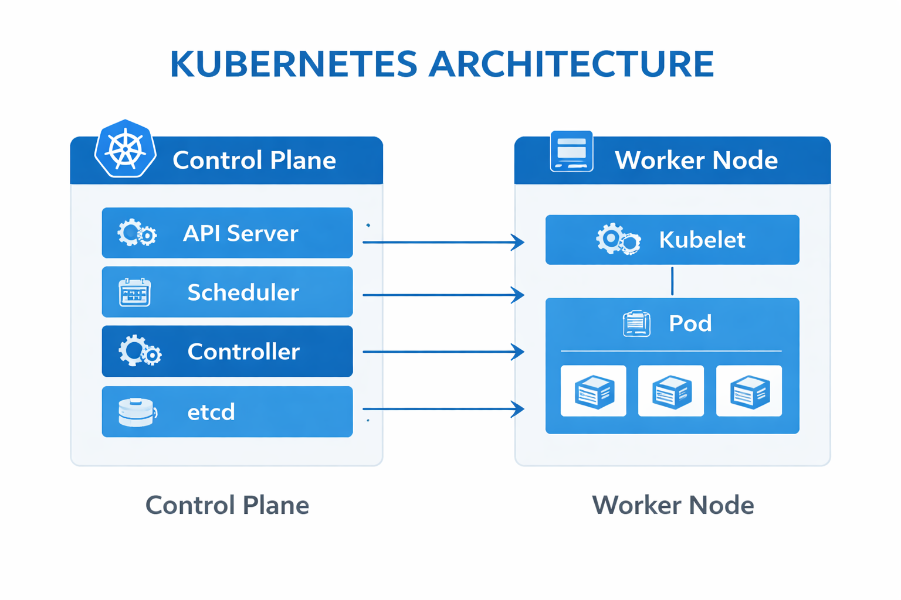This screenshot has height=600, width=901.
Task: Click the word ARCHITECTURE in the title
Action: [x=571, y=64]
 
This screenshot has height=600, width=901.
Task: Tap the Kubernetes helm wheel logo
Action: [x=126, y=149]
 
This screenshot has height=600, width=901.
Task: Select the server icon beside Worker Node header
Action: [x=571, y=151]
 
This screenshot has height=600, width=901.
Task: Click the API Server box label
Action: [x=241, y=233]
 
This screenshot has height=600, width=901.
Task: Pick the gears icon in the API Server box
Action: [x=137, y=233]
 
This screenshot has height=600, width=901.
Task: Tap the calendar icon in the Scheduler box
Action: [x=135, y=292]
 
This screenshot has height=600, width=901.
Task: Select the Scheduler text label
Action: [x=243, y=292]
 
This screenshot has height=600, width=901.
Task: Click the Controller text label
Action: [x=243, y=352]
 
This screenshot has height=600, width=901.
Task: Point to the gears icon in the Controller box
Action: [x=140, y=352]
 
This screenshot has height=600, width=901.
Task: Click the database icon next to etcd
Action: [x=137, y=412]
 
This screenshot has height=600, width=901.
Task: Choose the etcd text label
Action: [x=211, y=412]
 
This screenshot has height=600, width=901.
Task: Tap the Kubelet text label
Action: [x=702, y=240]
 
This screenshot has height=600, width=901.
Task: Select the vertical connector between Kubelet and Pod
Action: [x=672, y=281]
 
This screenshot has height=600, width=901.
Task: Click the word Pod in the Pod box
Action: [x=690, y=323]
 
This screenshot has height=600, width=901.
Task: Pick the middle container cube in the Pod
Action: [x=671, y=391]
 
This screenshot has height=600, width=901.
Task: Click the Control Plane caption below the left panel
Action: [x=227, y=505]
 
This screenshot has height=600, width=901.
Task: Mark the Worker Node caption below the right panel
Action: [x=673, y=505]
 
